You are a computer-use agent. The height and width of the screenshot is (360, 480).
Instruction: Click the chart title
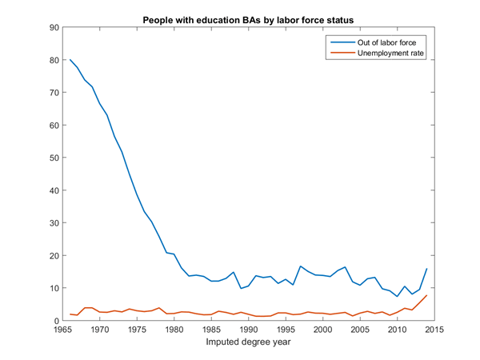click(x=247, y=18)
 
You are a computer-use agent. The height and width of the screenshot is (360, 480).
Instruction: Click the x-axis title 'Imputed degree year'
click(x=249, y=343)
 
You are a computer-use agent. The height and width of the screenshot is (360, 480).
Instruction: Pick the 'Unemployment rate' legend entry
click(x=381, y=53)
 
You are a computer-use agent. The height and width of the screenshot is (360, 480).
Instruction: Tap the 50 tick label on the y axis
click(x=54, y=158)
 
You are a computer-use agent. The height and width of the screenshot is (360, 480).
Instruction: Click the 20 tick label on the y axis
click(x=54, y=255)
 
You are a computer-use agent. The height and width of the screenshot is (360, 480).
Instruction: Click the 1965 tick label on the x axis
click(x=63, y=329)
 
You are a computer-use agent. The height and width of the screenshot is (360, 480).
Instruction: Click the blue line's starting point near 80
click(x=70, y=60)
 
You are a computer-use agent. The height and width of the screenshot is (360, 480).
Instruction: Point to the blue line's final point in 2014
click(x=427, y=269)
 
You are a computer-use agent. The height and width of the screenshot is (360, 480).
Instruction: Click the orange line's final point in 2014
click(x=427, y=295)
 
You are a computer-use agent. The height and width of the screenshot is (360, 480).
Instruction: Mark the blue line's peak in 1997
click(x=301, y=266)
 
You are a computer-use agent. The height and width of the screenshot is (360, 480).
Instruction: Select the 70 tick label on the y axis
click(x=54, y=93)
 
